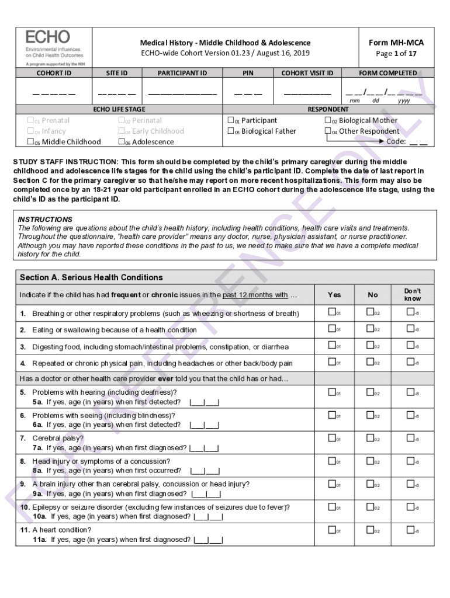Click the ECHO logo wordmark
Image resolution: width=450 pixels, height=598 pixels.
pyautogui.click(x=47, y=36)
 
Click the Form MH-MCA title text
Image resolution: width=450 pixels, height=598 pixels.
pyautogui.click(x=396, y=43)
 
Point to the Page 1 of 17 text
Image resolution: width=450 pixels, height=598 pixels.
pyautogui.click(x=396, y=54)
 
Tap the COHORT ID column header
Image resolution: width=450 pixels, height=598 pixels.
pyautogui.click(x=54, y=73)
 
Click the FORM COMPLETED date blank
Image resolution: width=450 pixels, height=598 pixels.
pyautogui.click(x=383, y=92)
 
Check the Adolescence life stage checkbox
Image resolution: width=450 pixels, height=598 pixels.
pyautogui.click(x=122, y=142)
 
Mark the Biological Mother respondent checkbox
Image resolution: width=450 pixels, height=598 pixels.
pyautogui.click(x=328, y=120)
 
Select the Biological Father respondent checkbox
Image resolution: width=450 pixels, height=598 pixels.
pyautogui.click(x=230, y=131)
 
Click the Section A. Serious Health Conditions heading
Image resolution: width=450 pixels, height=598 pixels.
pyautogui.click(x=91, y=277)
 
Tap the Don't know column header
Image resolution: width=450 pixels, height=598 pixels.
pyautogui.click(x=412, y=294)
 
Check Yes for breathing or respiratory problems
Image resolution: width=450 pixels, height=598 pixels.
pyautogui.click(x=331, y=312)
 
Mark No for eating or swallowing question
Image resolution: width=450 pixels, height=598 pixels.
pyautogui.click(x=370, y=329)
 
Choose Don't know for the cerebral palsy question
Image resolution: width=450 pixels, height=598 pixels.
pyautogui.click(x=410, y=438)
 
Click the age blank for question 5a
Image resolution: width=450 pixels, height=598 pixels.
pyautogui.click(x=205, y=402)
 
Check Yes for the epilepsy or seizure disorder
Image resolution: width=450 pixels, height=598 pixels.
pyautogui.click(x=331, y=507)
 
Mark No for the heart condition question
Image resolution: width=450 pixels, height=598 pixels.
pyautogui.click(x=370, y=530)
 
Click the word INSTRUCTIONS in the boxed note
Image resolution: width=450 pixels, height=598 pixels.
pyautogui.click(x=45, y=220)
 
